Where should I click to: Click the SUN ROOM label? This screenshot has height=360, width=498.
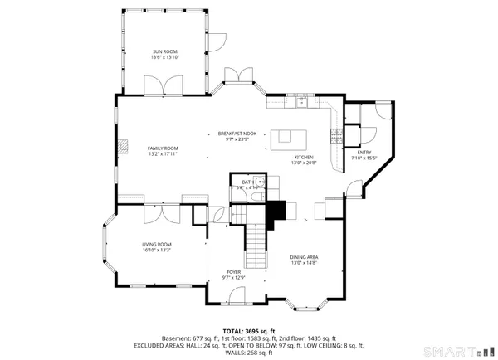point(164,51)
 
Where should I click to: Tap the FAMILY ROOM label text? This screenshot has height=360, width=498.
point(163,148)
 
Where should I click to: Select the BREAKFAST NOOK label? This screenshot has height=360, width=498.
point(237,134)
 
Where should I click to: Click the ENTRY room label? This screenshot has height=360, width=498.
point(364,152)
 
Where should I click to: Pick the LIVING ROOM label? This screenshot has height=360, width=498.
point(156,244)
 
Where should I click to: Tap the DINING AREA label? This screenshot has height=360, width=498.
point(305,256)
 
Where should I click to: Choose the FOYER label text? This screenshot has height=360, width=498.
point(234,270)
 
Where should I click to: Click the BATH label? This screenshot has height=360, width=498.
point(247,182)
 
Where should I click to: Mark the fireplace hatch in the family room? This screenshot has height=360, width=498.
point(124,148)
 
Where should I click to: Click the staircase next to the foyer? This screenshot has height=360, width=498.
point(258,245)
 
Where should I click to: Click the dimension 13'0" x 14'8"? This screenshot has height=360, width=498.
point(305,263)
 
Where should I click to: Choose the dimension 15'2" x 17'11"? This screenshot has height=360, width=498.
point(163,154)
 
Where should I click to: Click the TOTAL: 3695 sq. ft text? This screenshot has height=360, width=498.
point(248,330)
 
